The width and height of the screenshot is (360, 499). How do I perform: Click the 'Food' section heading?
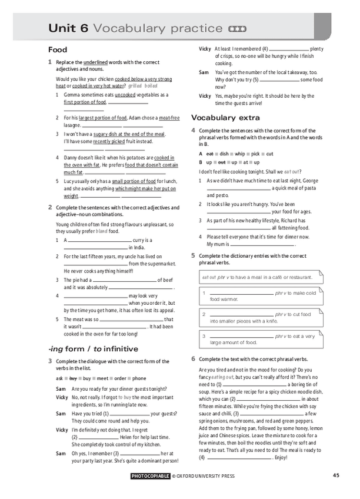point(58,50)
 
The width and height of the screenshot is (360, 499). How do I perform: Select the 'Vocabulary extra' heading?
point(225,118)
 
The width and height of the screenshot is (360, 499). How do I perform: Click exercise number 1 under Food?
point(50,62)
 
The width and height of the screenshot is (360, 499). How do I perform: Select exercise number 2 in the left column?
point(50,207)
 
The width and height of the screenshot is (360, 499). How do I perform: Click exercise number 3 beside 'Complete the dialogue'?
point(50,361)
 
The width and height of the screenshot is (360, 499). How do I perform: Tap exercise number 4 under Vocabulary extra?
point(193,130)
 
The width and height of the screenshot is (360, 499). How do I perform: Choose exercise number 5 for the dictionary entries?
point(193,256)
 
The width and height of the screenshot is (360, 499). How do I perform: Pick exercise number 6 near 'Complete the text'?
point(193,359)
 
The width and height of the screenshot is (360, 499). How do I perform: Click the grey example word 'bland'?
point(102,231)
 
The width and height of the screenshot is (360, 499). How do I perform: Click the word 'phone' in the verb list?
point(139,378)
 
